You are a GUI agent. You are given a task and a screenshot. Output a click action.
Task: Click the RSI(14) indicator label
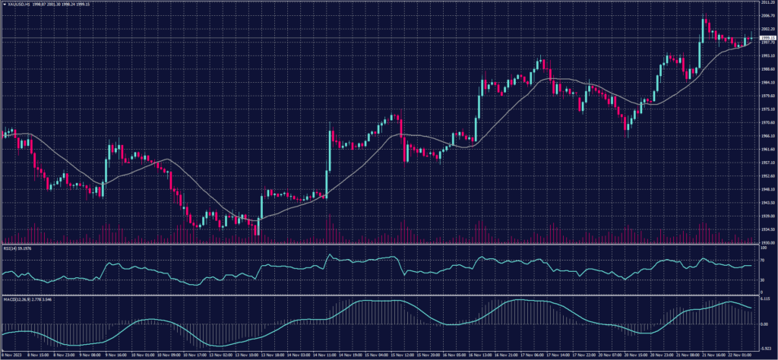(x=9, y=248)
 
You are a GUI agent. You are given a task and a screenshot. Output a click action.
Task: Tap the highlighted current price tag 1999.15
(x=767, y=37)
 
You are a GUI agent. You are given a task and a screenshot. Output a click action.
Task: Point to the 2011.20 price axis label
(x=767, y=3)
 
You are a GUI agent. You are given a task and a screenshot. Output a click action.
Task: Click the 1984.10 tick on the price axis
(x=767, y=83)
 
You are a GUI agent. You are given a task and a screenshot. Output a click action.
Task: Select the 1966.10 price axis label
(x=767, y=136)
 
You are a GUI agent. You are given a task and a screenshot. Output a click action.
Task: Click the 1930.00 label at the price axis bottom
(x=767, y=242)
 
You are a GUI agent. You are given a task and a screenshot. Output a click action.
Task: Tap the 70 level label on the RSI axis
(x=762, y=260)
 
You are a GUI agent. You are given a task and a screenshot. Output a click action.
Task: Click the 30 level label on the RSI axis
(x=762, y=280)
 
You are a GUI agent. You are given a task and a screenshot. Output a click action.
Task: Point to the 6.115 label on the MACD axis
(x=765, y=298)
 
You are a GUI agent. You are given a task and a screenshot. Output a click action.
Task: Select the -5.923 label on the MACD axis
(x=766, y=348)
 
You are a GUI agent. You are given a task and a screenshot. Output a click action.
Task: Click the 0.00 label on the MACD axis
(x=764, y=324)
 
